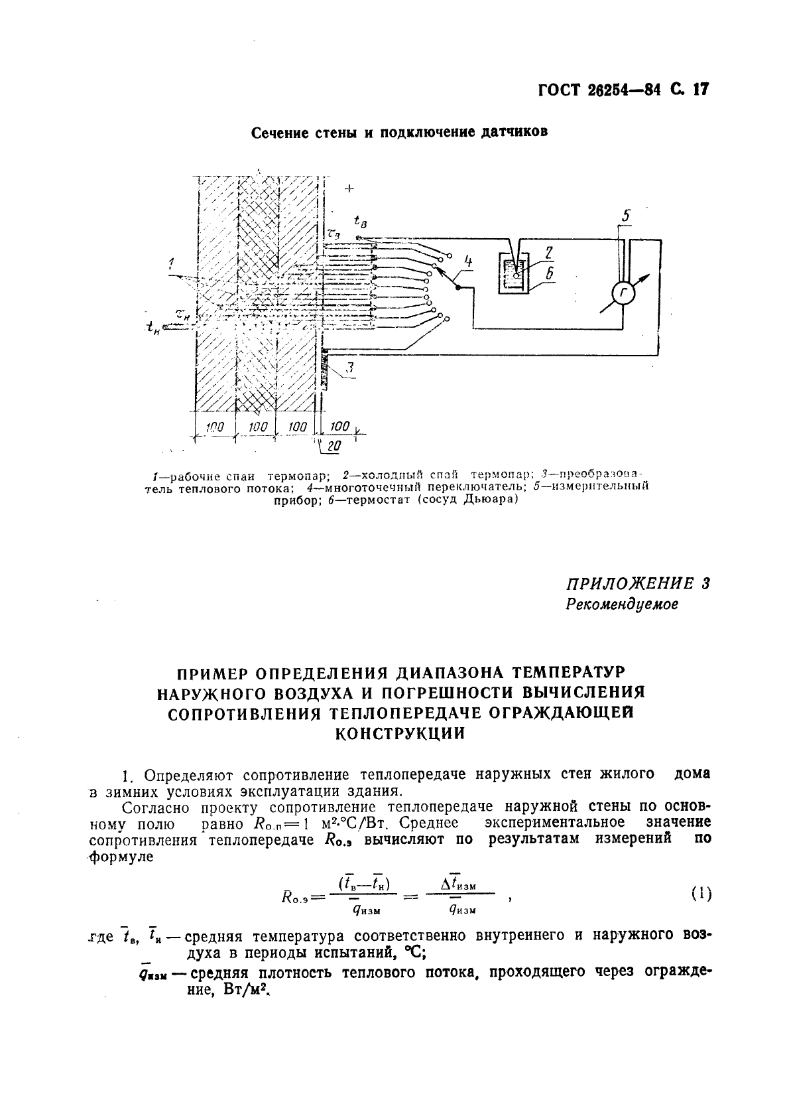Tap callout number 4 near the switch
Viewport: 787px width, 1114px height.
pos(468,261)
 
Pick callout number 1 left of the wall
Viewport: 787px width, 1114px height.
pos(172,263)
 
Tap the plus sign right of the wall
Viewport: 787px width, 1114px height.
pos(349,189)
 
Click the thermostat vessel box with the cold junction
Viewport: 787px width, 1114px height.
pos(513,273)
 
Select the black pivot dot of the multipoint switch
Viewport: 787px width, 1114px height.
pos(457,287)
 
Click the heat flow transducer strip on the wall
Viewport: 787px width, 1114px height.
pos(324,368)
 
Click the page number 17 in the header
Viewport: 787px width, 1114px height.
pos(698,89)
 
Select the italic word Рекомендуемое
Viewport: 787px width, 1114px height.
pos(621,604)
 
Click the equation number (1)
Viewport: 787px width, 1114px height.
pos(701,894)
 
